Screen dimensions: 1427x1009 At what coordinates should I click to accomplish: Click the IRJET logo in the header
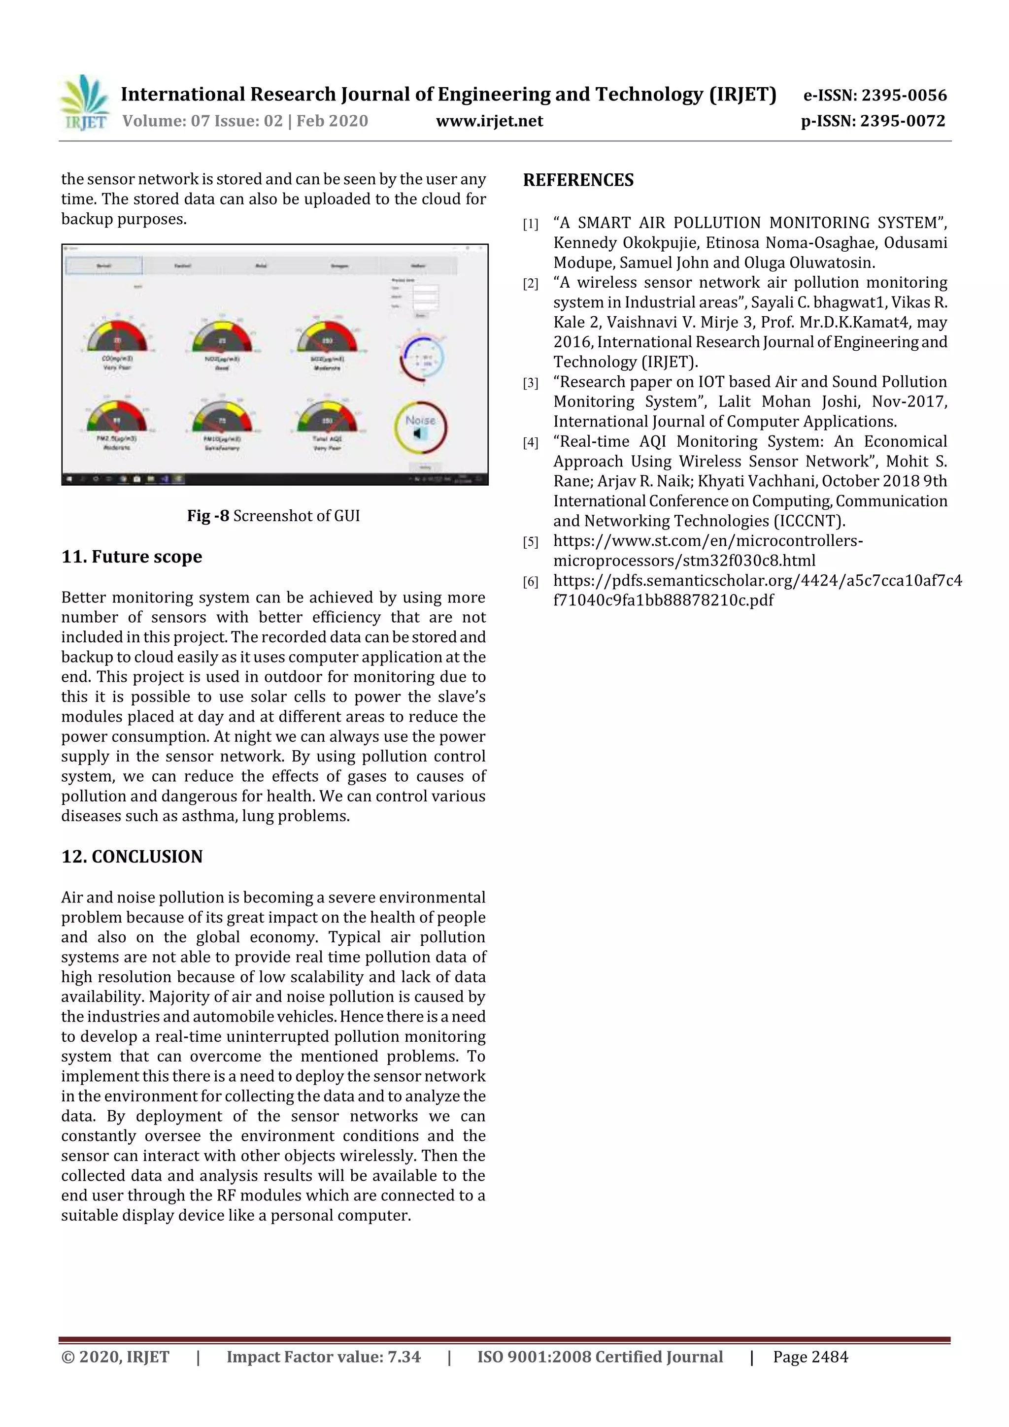click(84, 102)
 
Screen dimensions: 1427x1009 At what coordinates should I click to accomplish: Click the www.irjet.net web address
click(489, 121)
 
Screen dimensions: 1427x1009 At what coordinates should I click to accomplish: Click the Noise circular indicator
click(420, 427)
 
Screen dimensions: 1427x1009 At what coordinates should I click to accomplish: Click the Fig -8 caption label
click(208, 516)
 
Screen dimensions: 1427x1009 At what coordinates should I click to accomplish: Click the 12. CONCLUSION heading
click(132, 857)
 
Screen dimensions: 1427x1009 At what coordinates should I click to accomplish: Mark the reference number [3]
click(530, 383)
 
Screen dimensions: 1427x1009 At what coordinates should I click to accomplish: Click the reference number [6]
click(530, 582)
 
